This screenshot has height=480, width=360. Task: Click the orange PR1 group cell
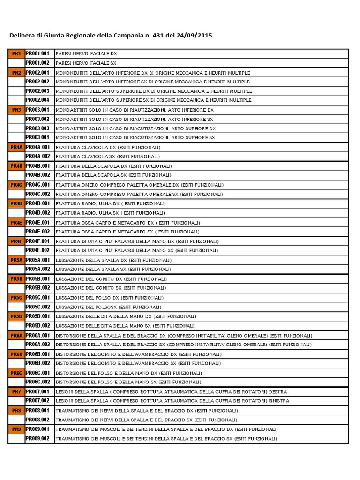coord(16,54)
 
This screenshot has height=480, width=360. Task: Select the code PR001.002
coord(37,63)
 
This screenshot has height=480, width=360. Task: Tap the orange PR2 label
coord(16,73)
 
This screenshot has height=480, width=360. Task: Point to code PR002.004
coord(37,100)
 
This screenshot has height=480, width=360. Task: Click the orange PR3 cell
coord(16,110)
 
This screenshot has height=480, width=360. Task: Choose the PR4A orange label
coord(16,147)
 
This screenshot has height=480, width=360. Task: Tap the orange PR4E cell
coord(16,222)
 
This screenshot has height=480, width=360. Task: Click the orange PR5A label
coord(16,260)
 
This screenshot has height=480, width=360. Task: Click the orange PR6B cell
coord(16,354)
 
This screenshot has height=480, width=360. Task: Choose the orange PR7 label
coord(16,391)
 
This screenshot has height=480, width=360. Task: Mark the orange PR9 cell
coord(16,429)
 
